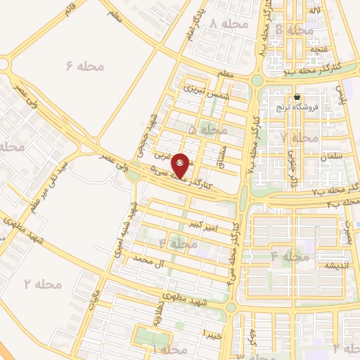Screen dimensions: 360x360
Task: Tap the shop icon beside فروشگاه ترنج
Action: [297, 97]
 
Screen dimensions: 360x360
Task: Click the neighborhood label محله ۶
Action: [85, 65]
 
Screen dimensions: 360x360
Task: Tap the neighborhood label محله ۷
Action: [298, 138]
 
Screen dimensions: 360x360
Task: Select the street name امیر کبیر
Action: [216, 226]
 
